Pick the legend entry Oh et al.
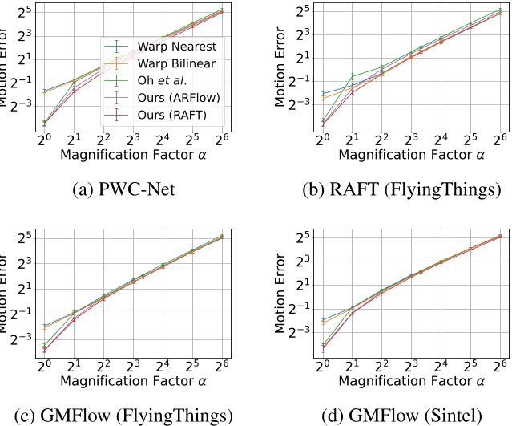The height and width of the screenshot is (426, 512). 160,80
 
